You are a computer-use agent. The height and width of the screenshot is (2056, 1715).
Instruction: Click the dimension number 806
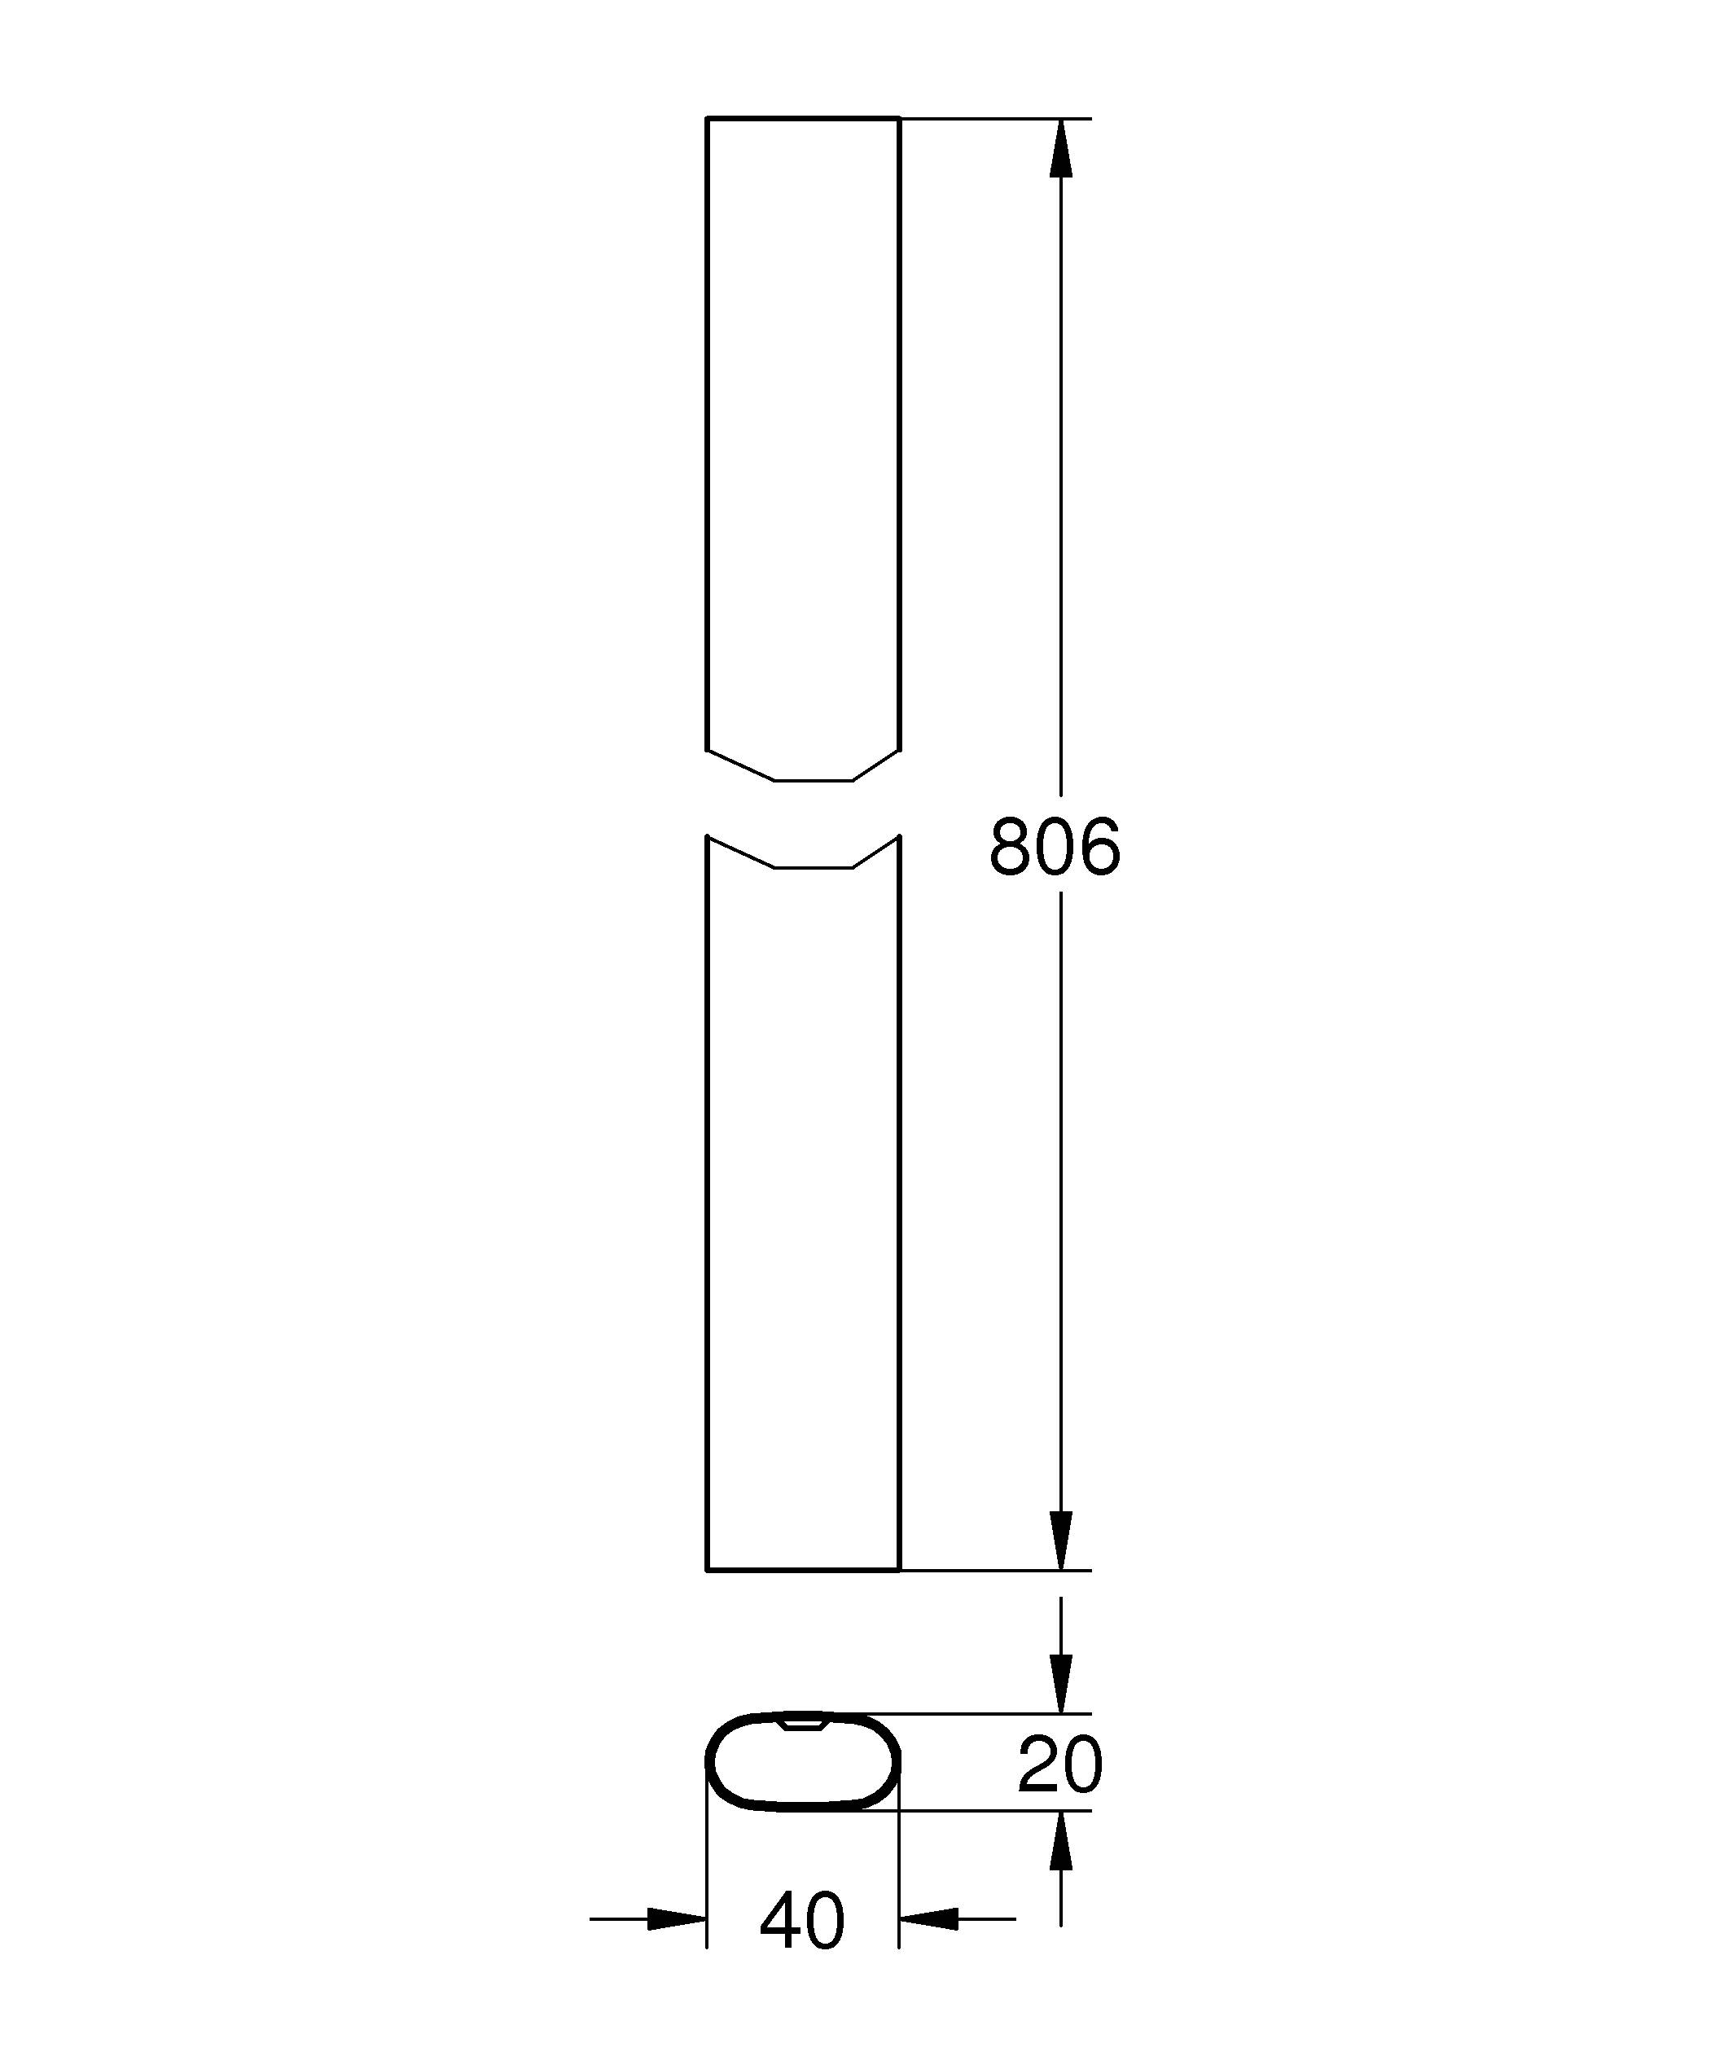(x=1055, y=847)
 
